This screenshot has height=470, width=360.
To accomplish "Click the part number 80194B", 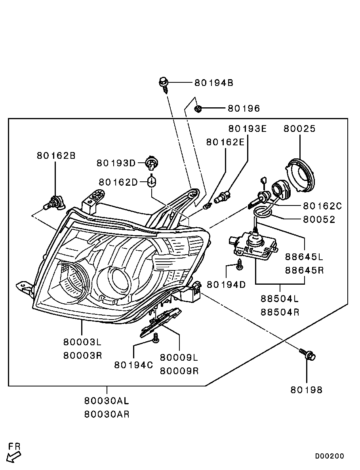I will click(213, 83).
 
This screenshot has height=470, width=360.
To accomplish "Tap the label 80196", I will click(243, 108).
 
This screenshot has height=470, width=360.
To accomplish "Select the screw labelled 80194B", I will click(163, 83).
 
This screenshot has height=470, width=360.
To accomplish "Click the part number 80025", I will click(299, 129).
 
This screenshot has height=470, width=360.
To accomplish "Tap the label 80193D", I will click(116, 163).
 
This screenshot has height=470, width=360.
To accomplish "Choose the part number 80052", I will click(319, 219).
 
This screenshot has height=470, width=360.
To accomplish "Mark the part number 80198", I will click(306, 390).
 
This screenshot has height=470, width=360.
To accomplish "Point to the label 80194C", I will click(133, 365).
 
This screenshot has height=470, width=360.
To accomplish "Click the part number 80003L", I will click(82, 342).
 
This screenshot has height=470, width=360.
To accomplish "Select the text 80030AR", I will click(107, 414).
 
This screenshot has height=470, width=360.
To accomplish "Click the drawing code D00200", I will click(329, 456).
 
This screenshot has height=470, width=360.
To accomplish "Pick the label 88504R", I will click(280, 312).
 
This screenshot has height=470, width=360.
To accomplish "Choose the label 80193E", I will click(248, 129).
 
